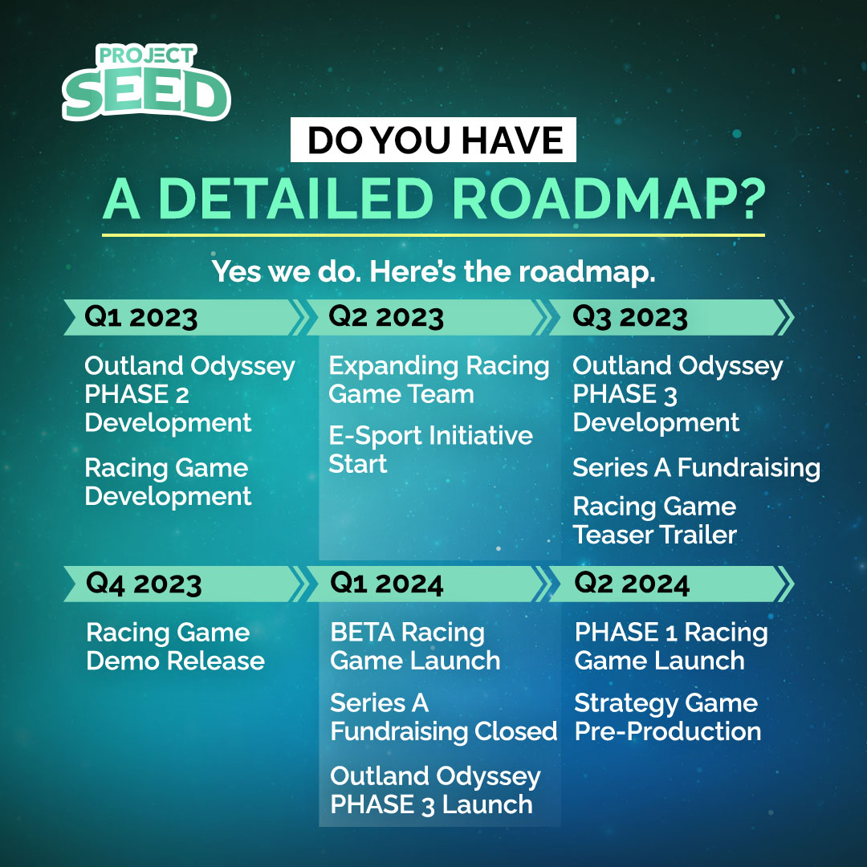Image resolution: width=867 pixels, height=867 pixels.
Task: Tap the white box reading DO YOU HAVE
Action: (434, 140)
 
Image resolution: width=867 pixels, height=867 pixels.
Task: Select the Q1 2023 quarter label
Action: (141, 318)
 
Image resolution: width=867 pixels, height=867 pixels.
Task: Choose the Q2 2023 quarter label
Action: (386, 318)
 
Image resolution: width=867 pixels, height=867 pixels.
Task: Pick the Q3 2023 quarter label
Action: (630, 318)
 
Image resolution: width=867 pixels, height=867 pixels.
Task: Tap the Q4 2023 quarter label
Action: (144, 584)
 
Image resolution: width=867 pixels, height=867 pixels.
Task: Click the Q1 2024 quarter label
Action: (387, 584)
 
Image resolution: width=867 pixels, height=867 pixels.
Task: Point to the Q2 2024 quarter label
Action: (632, 584)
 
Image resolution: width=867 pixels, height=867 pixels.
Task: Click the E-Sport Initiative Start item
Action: (430, 450)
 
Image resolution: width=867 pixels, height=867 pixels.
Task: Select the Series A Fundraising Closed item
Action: (443, 718)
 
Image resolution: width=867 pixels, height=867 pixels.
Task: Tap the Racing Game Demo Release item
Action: (175, 647)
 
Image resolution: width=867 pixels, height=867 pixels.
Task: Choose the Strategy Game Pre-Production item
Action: (667, 718)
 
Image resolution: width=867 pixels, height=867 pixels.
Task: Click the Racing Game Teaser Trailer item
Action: (654, 520)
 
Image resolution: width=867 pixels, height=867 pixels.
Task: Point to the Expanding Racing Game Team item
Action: (438, 380)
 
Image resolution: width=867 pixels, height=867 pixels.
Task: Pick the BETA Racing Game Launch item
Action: (414, 647)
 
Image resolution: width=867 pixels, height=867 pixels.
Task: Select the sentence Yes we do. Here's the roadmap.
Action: (433, 271)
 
